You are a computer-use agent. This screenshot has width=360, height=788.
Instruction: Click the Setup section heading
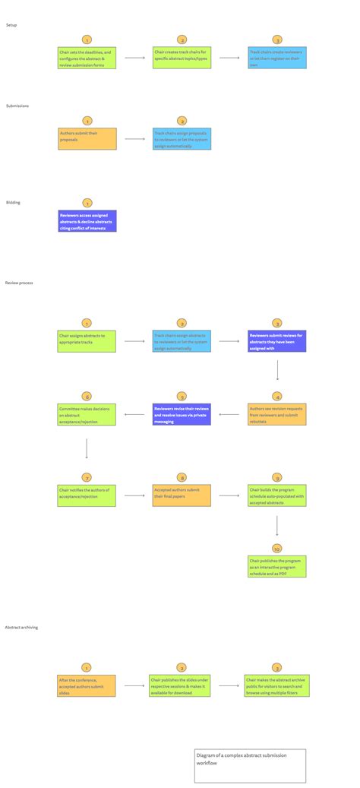11,25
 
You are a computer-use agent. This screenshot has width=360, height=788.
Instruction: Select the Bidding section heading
13,203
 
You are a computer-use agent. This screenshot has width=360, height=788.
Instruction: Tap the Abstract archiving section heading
21,627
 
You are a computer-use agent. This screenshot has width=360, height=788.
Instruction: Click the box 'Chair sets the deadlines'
87,59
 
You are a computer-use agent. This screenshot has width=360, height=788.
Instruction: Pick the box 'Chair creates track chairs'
182,59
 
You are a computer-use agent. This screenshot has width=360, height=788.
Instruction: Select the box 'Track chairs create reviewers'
277,59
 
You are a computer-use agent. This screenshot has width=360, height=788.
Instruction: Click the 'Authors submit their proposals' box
87,138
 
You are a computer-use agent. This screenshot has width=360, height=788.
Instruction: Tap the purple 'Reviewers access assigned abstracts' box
87,221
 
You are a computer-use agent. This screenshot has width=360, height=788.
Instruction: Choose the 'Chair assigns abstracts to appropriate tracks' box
87,341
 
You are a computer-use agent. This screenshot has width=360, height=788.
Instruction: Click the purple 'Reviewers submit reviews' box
277,341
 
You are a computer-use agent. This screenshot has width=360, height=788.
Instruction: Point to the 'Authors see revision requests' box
277,414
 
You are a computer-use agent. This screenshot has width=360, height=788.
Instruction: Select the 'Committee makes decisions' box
87,414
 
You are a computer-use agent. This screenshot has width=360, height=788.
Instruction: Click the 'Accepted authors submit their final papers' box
182,495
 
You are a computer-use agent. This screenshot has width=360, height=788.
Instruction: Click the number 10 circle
277,548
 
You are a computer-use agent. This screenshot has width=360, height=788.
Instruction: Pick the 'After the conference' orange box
87,685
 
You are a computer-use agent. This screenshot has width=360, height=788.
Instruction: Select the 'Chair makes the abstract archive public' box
277,685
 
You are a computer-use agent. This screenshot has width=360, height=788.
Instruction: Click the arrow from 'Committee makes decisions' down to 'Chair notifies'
87,448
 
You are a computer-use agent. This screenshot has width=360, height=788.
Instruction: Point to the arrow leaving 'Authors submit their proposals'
134,139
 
